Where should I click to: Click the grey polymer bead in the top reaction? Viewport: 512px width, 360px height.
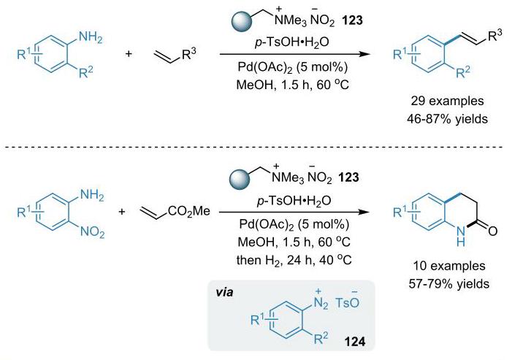click(x=242, y=21)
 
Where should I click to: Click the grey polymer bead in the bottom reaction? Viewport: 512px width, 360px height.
click(x=240, y=178)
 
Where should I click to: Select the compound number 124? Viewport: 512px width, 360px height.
click(x=355, y=342)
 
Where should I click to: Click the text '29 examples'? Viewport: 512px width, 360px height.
click(x=447, y=101)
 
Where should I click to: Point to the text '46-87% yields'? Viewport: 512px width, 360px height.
click(x=447, y=119)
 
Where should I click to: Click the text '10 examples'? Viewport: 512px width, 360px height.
click(x=449, y=266)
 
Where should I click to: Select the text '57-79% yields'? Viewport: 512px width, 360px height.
click(x=449, y=283)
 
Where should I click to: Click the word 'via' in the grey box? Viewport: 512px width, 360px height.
click(x=225, y=292)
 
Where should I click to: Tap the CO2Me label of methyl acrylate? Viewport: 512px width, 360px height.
click(x=189, y=211)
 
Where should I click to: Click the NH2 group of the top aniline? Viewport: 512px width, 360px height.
click(x=90, y=37)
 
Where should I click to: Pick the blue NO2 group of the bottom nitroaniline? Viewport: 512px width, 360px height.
click(x=93, y=232)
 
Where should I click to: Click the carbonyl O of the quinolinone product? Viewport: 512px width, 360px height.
click(x=492, y=231)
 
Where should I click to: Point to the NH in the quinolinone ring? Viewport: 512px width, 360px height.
click(x=460, y=237)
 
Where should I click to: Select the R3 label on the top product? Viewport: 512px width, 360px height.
click(x=494, y=37)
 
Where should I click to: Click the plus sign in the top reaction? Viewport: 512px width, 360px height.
click(x=129, y=54)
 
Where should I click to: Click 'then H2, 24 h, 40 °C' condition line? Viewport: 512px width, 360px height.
click(x=294, y=260)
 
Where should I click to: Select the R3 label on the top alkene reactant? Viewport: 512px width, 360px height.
click(x=189, y=55)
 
